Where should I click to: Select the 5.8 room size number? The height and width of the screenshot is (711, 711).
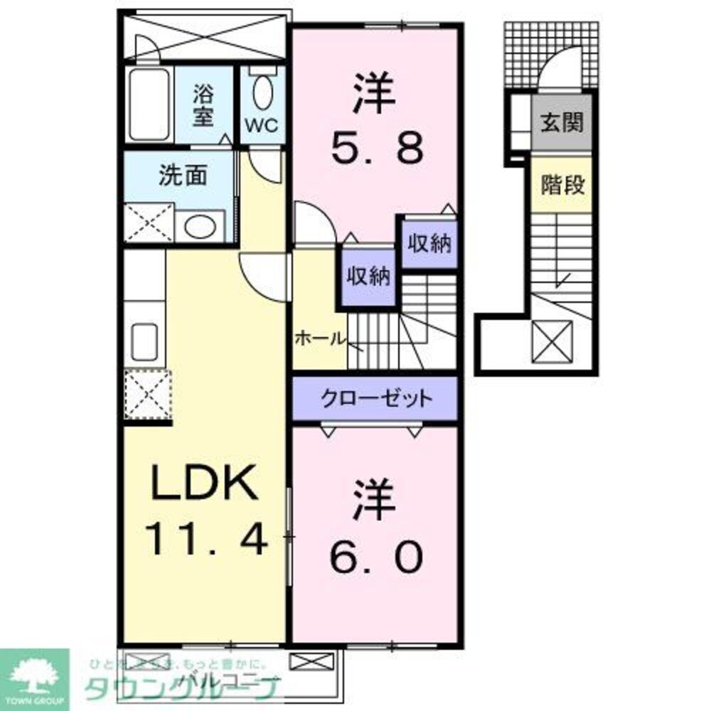[x=378, y=148]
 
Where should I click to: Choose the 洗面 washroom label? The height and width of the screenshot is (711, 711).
[x=182, y=176]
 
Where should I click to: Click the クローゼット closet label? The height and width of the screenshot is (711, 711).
[x=375, y=399]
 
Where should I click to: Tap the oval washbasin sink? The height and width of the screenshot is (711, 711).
[x=200, y=227]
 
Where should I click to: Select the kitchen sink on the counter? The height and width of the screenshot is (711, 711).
[x=145, y=343]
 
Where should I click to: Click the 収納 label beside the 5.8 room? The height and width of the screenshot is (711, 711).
[x=429, y=244]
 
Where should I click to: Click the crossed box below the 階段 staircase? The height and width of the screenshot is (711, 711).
[x=552, y=341]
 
